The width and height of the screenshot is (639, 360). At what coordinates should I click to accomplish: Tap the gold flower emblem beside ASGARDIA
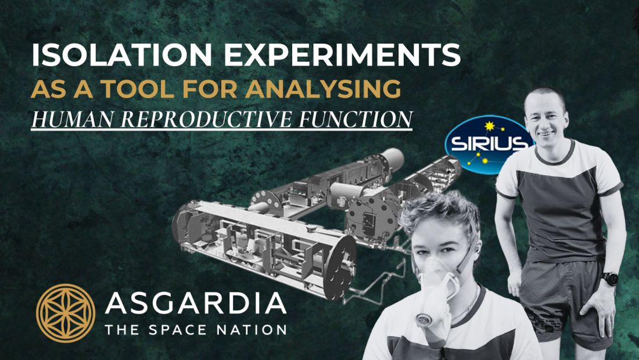[65, 312]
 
